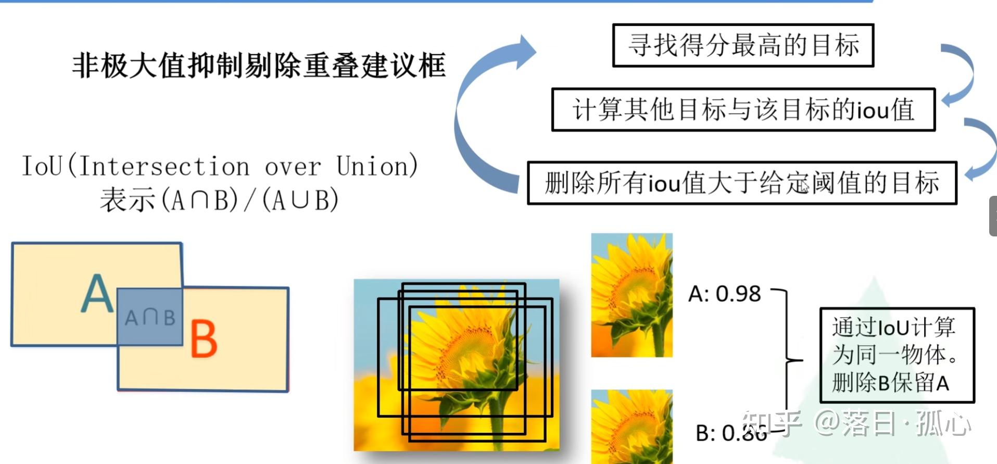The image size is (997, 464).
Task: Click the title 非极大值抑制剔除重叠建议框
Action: (x=259, y=66)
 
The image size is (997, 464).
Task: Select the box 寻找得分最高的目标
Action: (x=743, y=45)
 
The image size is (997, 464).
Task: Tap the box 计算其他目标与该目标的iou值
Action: (x=743, y=110)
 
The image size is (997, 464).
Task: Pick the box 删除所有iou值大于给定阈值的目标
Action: (x=742, y=183)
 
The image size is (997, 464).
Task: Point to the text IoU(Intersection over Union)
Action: (x=219, y=167)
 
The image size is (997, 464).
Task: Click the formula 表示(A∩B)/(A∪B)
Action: (x=219, y=200)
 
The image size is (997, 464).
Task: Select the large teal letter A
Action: (x=97, y=294)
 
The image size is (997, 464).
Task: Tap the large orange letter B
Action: (x=204, y=338)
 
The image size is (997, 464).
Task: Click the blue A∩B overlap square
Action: (x=150, y=317)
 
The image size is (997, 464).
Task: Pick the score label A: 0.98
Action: (x=724, y=294)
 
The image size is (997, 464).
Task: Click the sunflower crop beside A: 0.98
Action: (x=632, y=295)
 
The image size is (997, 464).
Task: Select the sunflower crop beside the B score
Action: (x=632, y=427)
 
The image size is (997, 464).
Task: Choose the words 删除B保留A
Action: (x=890, y=383)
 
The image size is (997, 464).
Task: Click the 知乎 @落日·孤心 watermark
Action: (x=856, y=423)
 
